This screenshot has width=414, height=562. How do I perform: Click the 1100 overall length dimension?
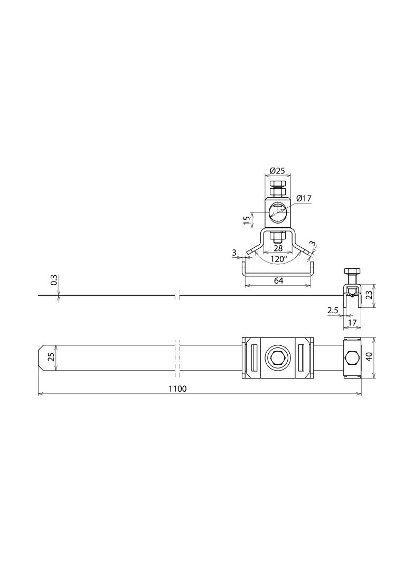177,389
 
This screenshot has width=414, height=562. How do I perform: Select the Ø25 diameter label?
277,171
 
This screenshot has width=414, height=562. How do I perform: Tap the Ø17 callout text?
304,198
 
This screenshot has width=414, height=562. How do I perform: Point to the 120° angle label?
278,259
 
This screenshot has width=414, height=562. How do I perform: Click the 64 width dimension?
278,280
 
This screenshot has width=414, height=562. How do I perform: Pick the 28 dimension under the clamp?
278,248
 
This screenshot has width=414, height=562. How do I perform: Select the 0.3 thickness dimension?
54,280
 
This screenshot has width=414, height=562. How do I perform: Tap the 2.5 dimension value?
333,311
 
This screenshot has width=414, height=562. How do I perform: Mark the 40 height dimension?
369,357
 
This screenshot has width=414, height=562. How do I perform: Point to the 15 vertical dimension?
247,220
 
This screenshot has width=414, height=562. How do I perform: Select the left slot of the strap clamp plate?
253,357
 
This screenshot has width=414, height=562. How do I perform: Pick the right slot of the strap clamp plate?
302,357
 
